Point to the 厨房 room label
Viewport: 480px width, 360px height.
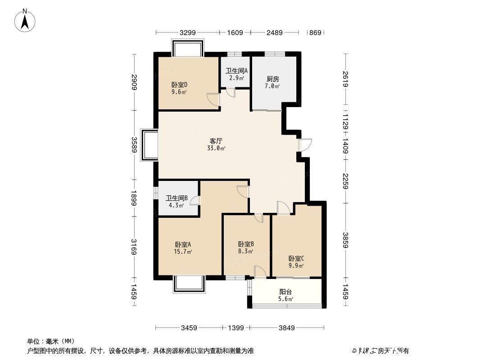tap(273, 78)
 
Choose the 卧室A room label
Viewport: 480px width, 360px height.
tap(183, 244)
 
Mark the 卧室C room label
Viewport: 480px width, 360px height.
tap(296, 258)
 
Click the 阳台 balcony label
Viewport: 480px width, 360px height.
tap(285, 292)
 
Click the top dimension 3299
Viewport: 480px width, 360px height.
tap(188, 32)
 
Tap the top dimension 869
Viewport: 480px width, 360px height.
tap(316, 32)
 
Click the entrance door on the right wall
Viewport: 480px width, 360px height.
tap(304, 145)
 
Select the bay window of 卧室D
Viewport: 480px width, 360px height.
tap(188, 48)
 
